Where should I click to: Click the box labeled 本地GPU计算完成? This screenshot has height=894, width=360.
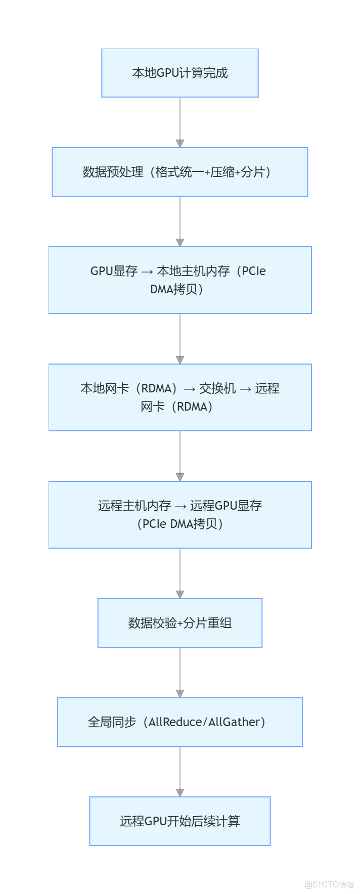click(179, 73)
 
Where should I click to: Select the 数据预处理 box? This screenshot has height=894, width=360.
click(179, 172)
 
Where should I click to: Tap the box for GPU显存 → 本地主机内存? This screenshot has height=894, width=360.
click(179, 280)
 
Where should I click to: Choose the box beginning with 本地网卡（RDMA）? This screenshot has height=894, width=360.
click(179, 397)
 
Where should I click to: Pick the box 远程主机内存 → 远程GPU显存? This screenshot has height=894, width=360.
click(179, 515)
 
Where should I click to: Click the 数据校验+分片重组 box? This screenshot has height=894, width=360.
click(179, 623)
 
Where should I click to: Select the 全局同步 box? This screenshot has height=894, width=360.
click(179, 722)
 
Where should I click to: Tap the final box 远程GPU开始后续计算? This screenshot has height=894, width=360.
click(179, 821)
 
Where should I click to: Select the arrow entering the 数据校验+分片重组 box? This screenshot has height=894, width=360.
click(179, 573)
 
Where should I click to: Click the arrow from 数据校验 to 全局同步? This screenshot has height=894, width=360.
click(179, 673)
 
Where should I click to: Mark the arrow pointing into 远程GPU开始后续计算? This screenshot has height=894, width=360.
click(179, 772)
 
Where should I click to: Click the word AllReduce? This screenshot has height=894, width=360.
click(175, 722)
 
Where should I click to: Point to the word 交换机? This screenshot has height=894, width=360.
click(217, 388)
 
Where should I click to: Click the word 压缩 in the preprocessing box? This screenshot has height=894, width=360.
click(222, 172)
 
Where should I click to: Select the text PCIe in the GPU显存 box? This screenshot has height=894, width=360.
click(254, 271)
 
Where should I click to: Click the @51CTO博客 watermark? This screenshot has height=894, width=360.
click(329, 884)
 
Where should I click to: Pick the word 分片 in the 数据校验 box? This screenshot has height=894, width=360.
click(195, 623)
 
